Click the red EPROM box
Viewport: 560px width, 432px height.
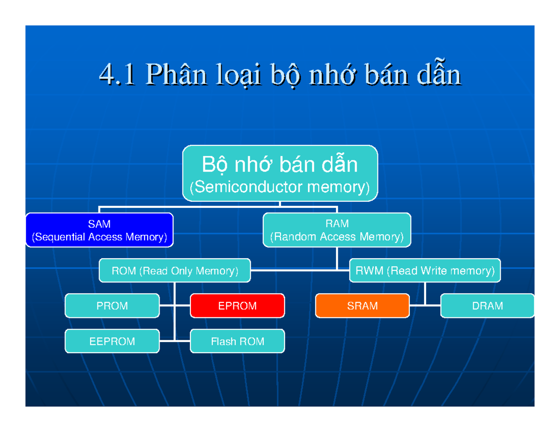[x=237, y=306]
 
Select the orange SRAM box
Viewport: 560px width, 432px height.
[x=362, y=306]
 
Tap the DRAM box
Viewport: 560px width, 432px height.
[x=487, y=306]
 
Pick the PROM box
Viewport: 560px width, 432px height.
[x=112, y=306]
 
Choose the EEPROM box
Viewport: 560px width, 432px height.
[x=112, y=341]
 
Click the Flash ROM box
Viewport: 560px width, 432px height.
[x=237, y=341]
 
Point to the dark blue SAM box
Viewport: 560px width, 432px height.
[x=99, y=230]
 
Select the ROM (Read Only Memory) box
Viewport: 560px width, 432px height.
[x=175, y=271]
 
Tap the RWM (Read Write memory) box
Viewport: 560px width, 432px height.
[x=425, y=271]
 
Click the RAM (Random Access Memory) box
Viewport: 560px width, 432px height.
[x=337, y=230]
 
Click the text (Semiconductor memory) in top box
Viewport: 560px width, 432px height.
[x=280, y=188]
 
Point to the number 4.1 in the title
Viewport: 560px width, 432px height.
[x=117, y=75]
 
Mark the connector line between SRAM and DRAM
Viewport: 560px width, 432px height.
[x=425, y=306]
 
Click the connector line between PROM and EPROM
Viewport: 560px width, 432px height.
[x=175, y=306]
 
